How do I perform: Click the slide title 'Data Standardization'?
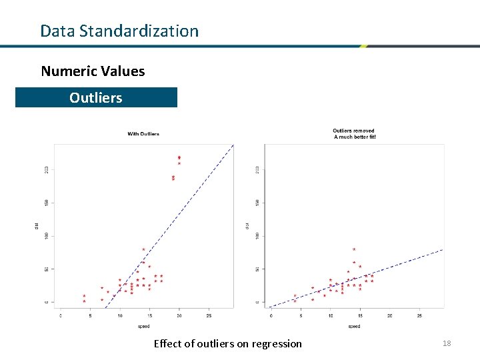pos(119,31)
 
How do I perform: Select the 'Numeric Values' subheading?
pos(93,71)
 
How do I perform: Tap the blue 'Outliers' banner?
pos(96,97)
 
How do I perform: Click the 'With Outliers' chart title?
pos(143,134)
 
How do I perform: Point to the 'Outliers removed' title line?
pos(353,131)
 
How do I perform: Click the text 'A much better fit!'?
pos(355,137)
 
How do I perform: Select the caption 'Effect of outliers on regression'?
pos(227,343)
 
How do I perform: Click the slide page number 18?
pos(446,343)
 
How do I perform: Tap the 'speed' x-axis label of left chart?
pos(143,327)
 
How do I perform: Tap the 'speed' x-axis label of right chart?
pos(354,327)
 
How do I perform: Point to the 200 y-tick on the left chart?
pos(47,170)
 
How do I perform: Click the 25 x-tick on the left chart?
pos(209,315)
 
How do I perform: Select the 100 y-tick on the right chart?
pos(257,236)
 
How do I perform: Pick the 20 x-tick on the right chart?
pos(390,315)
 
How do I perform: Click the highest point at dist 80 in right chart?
pos(354,249)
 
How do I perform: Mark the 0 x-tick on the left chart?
pos(61,315)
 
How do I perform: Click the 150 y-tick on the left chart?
pos(47,203)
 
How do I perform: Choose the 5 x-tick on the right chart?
pos(301,315)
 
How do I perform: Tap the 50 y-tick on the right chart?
pos(257,269)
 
